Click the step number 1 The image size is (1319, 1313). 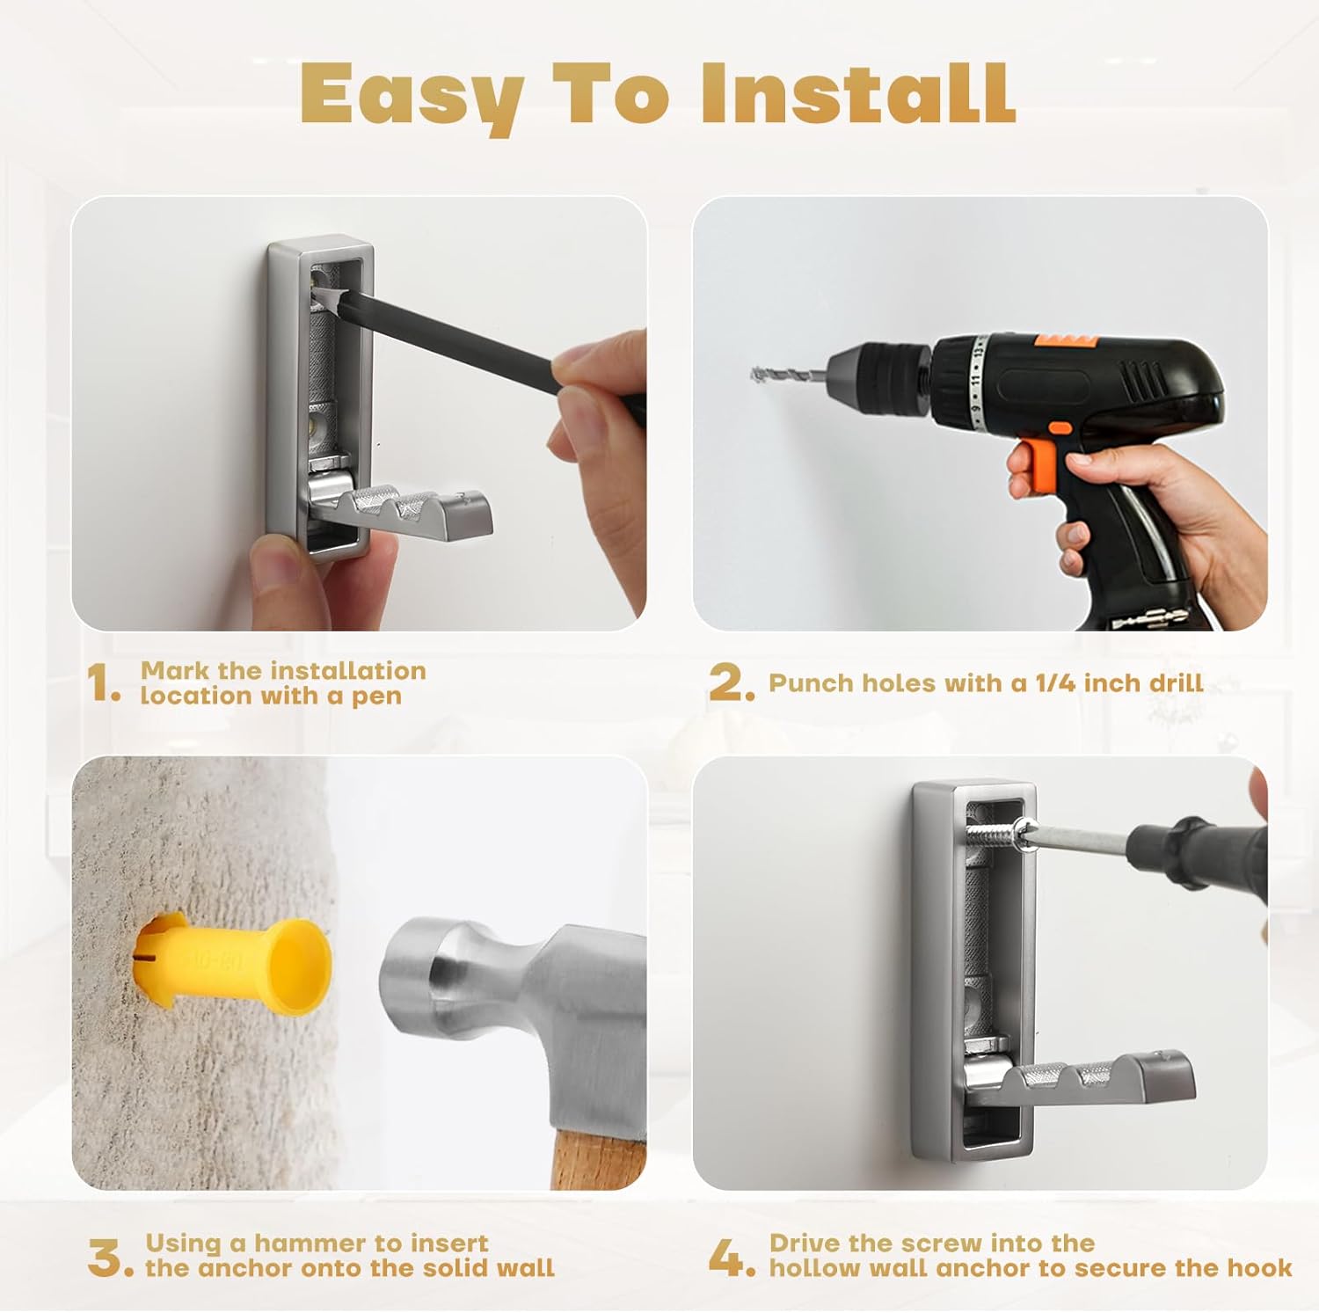pos(102,683)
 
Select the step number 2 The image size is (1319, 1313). pos(730,683)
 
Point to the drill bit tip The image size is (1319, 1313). pos(762,375)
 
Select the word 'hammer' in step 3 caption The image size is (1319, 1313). pos(309,1244)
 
